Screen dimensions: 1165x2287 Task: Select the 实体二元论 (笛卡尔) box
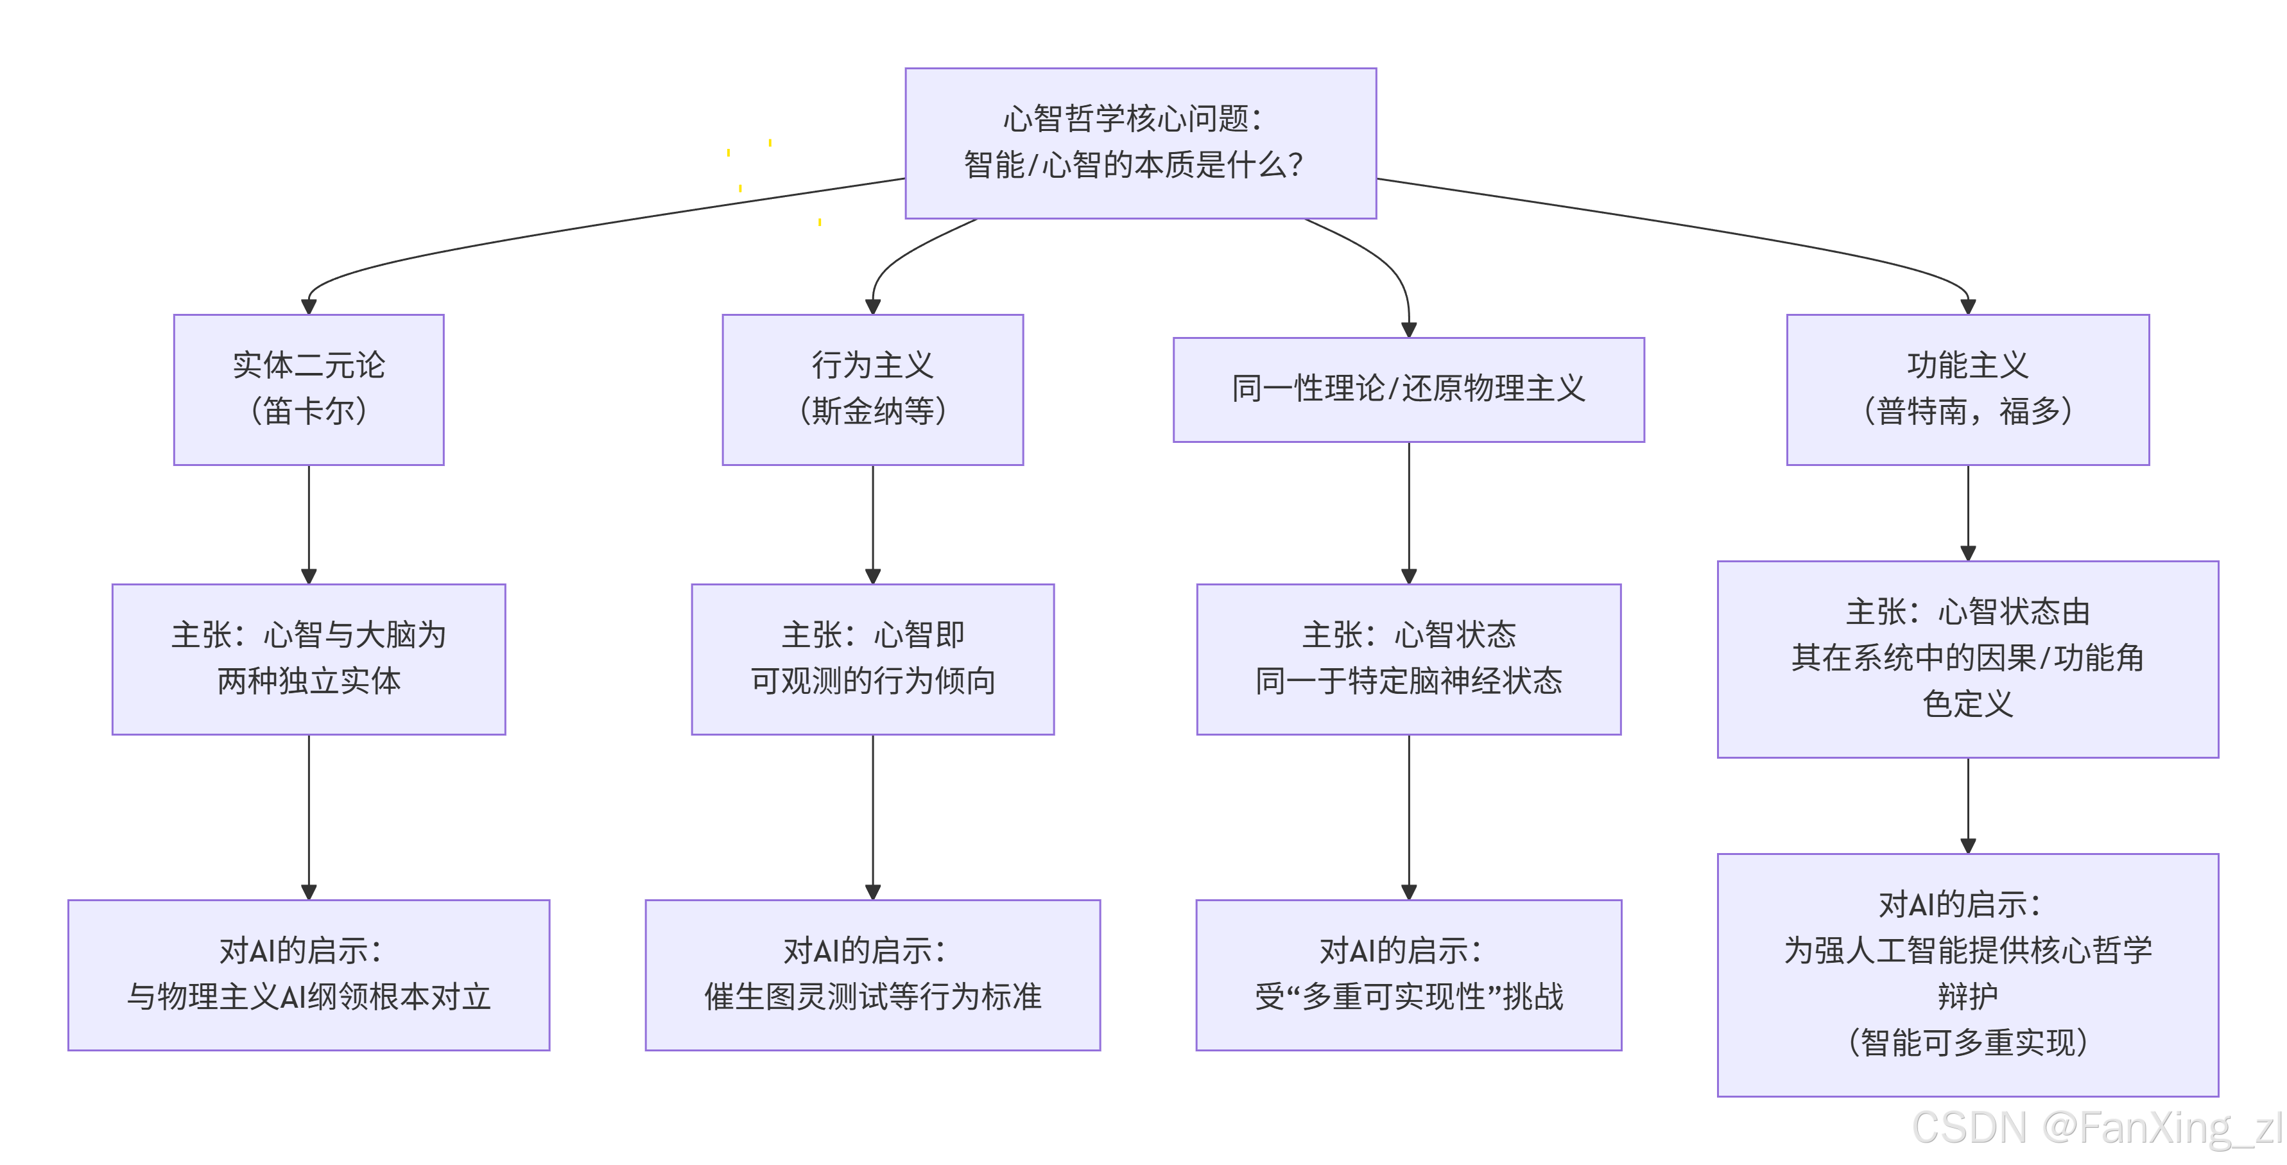point(308,389)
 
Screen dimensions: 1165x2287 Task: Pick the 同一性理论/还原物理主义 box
point(1408,389)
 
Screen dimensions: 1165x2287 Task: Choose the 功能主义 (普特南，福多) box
point(1967,389)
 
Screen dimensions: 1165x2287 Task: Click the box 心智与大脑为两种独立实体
point(308,658)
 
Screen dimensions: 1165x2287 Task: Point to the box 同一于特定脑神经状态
point(1408,658)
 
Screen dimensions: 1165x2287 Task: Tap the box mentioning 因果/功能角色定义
point(1967,658)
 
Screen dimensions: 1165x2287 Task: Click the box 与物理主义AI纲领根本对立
point(308,974)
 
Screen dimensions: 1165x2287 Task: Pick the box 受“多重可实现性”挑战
point(1408,974)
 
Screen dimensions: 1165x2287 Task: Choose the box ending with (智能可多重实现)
point(1967,974)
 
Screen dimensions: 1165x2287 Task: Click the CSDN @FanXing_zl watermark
point(2095,1128)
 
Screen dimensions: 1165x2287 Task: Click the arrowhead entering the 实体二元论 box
point(308,306)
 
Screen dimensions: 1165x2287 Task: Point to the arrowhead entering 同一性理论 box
point(1408,329)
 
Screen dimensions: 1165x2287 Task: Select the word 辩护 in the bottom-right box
point(1967,996)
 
